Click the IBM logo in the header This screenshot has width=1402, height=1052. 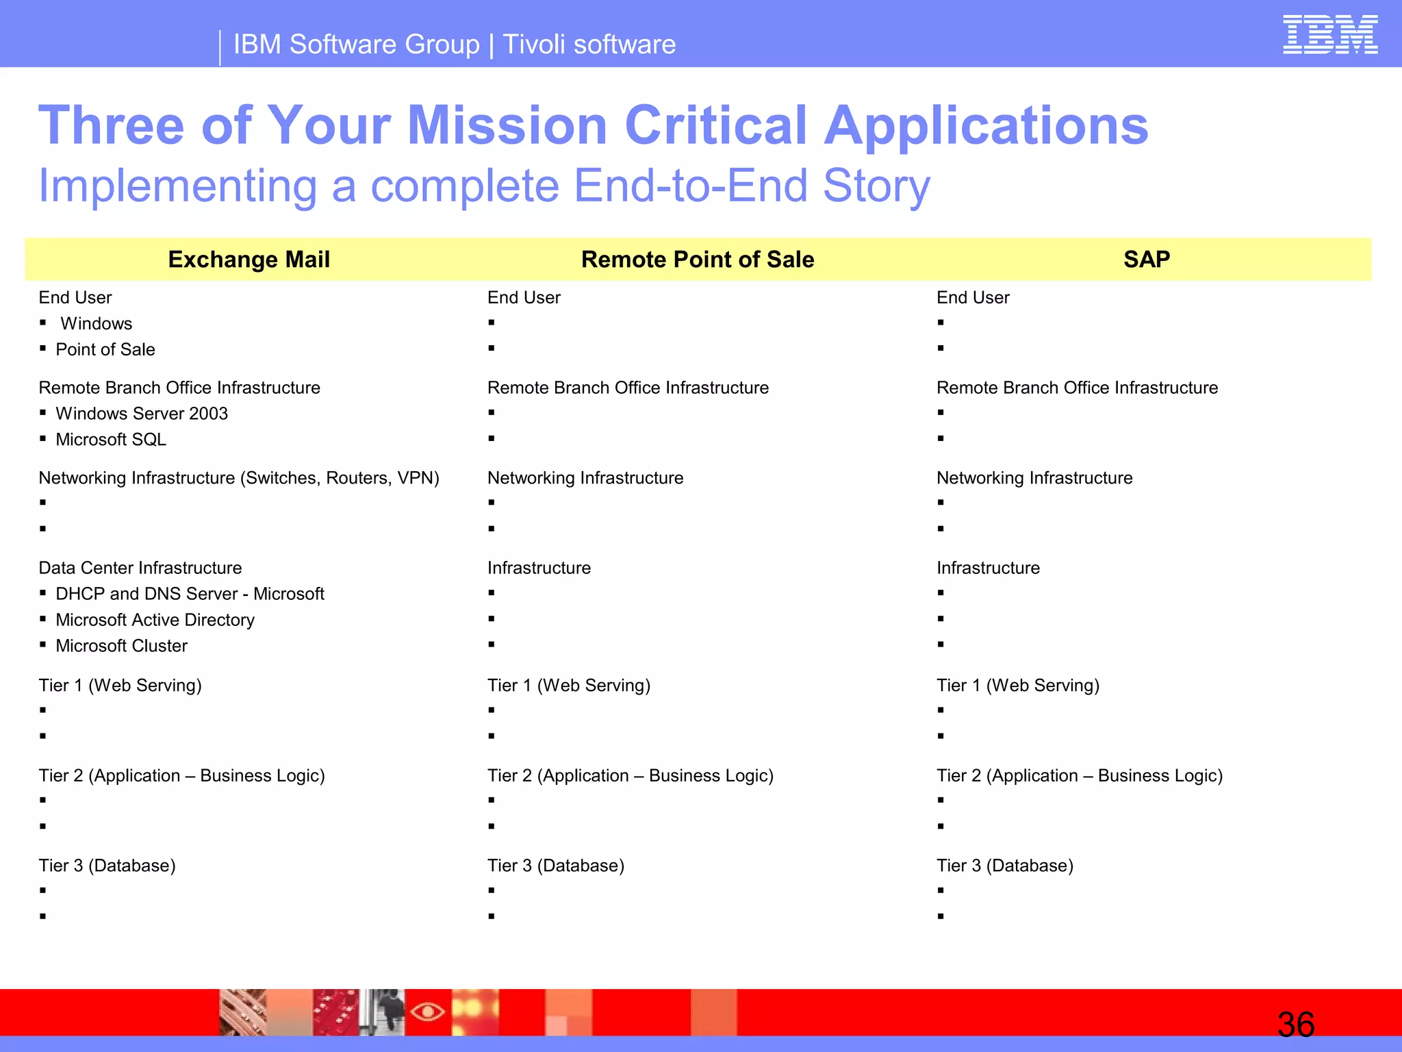(1329, 34)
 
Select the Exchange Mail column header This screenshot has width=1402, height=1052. (249, 260)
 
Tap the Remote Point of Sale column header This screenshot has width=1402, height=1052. (698, 260)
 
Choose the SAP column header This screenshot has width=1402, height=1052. (1147, 260)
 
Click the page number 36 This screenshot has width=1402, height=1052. (1295, 1025)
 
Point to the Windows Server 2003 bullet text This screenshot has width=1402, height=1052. (142, 414)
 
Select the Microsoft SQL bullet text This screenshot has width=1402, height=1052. (111, 440)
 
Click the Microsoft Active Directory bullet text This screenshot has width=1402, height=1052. (155, 620)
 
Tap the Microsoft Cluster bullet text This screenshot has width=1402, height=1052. (121, 646)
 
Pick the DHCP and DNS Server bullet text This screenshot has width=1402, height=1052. (190, 594)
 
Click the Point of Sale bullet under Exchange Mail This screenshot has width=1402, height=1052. (105, 350)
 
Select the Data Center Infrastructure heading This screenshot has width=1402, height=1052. (140, 568)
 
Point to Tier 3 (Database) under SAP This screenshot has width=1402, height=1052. (1005, 866)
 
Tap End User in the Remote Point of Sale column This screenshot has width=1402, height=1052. (524, 298)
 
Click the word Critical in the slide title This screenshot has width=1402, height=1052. (715, 126)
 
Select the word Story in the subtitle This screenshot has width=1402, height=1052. (876, 186)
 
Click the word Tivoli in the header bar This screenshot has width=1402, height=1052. (535, 45)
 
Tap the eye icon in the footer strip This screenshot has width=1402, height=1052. (427, 1012)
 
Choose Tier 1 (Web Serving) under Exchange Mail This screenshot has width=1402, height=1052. (120, 686)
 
